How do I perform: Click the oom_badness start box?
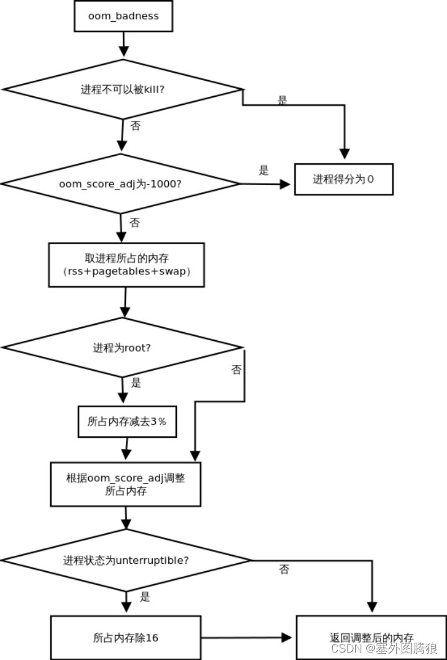[123, 16]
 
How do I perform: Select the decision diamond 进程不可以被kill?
[123, 89]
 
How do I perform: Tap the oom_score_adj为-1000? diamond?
[120, 184]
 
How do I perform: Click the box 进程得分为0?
[343, 179]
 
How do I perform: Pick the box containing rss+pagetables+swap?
[127, 265]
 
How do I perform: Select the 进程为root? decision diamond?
[122, 348]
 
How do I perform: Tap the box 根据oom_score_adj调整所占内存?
[125, 484]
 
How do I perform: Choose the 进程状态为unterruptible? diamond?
[127, 560]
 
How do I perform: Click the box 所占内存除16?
[125, 637]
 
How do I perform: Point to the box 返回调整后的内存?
[371, 638]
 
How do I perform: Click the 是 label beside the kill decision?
[282, 100]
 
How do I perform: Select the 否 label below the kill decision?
[135, 125]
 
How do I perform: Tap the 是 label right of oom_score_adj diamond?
[264, 171]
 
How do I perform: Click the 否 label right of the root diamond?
[237, 370]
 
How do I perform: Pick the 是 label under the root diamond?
[136, 383]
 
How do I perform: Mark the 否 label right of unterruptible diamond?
[284, 569]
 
